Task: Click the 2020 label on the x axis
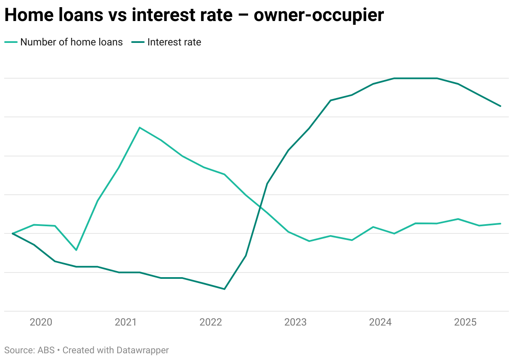point(41,323)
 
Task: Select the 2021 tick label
point(126,323)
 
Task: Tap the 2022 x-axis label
point(211,323)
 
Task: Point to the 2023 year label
point(296,323)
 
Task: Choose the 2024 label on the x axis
point(381,323)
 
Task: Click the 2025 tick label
point(465,323)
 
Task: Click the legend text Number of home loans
point(71,42)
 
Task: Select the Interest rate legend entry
point(174,42)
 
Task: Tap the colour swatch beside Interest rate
point(138,42)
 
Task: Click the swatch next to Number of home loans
point(11,42)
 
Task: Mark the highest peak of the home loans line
point(140,127)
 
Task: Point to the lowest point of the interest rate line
point(225,289)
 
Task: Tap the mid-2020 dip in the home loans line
point(76,250)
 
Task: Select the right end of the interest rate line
point(500,106)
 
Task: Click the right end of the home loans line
point(500,223)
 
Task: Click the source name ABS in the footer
point(46,350)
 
